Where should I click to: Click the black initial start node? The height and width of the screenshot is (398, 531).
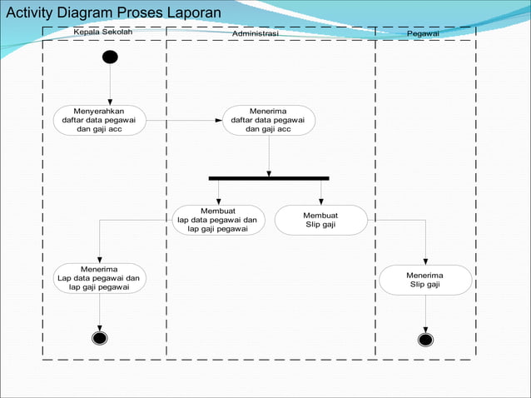click(x=109, y=57)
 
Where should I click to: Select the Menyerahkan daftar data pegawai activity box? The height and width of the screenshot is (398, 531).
click(x=100, y=120)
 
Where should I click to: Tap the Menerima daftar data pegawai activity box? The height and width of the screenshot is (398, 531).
click(x=268, y=120)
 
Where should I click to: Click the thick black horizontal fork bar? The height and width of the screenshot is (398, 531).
click(x=269, y=177)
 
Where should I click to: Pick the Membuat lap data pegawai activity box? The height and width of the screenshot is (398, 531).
click(x=218, y=220)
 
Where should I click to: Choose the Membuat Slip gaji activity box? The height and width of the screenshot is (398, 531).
click(x=320, y=220)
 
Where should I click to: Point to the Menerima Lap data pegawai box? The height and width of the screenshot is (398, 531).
click(x=99, y=278)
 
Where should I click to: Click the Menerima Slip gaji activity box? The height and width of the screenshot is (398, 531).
click(x=425, y=279)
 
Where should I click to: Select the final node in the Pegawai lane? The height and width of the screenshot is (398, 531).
click(x=425, y=339)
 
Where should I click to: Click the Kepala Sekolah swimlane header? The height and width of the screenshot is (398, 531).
click(x=103, y=32)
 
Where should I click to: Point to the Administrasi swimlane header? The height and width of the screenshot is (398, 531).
click(x=256, y=32)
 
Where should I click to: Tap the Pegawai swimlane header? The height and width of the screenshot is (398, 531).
click(x=424, y=32)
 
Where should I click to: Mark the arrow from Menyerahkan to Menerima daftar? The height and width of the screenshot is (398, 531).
click(x=184, y=120)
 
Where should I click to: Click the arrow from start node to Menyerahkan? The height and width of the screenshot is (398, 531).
click(x=109, y=85)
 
